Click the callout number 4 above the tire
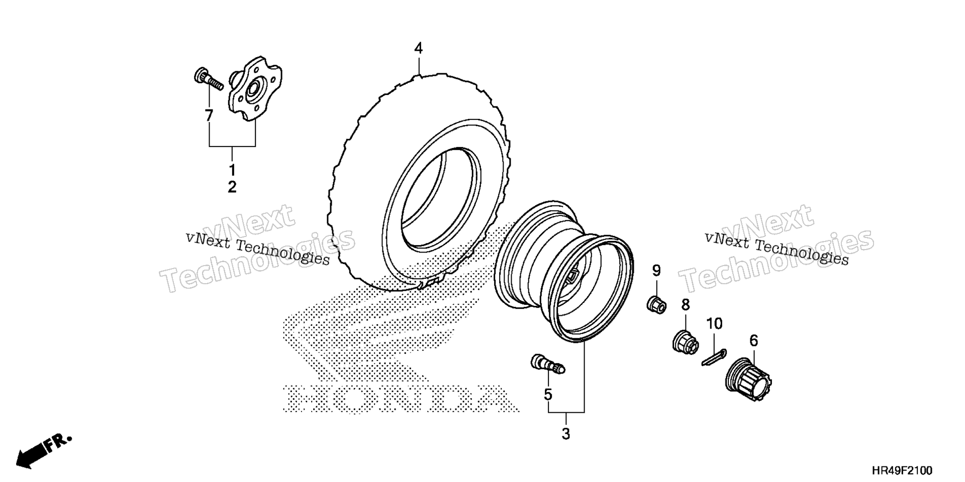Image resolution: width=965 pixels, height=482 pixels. (418, 49)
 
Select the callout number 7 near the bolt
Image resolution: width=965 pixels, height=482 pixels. (209, 115)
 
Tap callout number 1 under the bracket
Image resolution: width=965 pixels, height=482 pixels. (232, 169)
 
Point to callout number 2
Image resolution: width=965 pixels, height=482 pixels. (232, 187)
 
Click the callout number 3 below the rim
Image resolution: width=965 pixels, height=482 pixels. (566, 434)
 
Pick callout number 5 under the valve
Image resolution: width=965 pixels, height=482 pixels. (548, 395)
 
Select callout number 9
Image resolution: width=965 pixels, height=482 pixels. (656, 271)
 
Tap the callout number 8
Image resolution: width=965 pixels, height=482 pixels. (686, 305)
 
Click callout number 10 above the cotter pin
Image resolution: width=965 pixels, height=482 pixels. (714, 324)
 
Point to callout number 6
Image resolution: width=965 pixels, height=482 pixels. (753, 341)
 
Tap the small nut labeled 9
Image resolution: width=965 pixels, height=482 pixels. (656, 304)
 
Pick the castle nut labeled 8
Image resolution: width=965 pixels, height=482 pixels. (685, 342)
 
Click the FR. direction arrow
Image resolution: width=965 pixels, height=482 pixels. (44, 451)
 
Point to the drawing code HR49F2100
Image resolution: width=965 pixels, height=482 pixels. (902, 470)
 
